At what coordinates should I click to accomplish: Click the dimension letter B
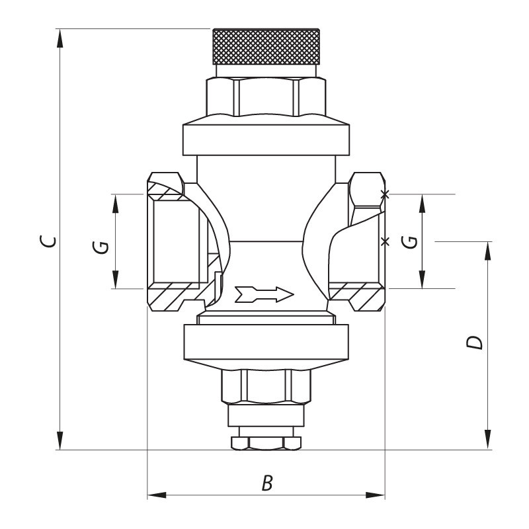click(266, 483)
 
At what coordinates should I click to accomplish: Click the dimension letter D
click(474, 343)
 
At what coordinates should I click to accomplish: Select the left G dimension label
click(101, 246)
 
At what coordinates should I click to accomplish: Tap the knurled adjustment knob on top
click(266, 46)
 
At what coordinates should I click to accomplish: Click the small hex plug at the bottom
click(265, 442)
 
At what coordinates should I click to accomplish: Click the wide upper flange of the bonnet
click(265, 138)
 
